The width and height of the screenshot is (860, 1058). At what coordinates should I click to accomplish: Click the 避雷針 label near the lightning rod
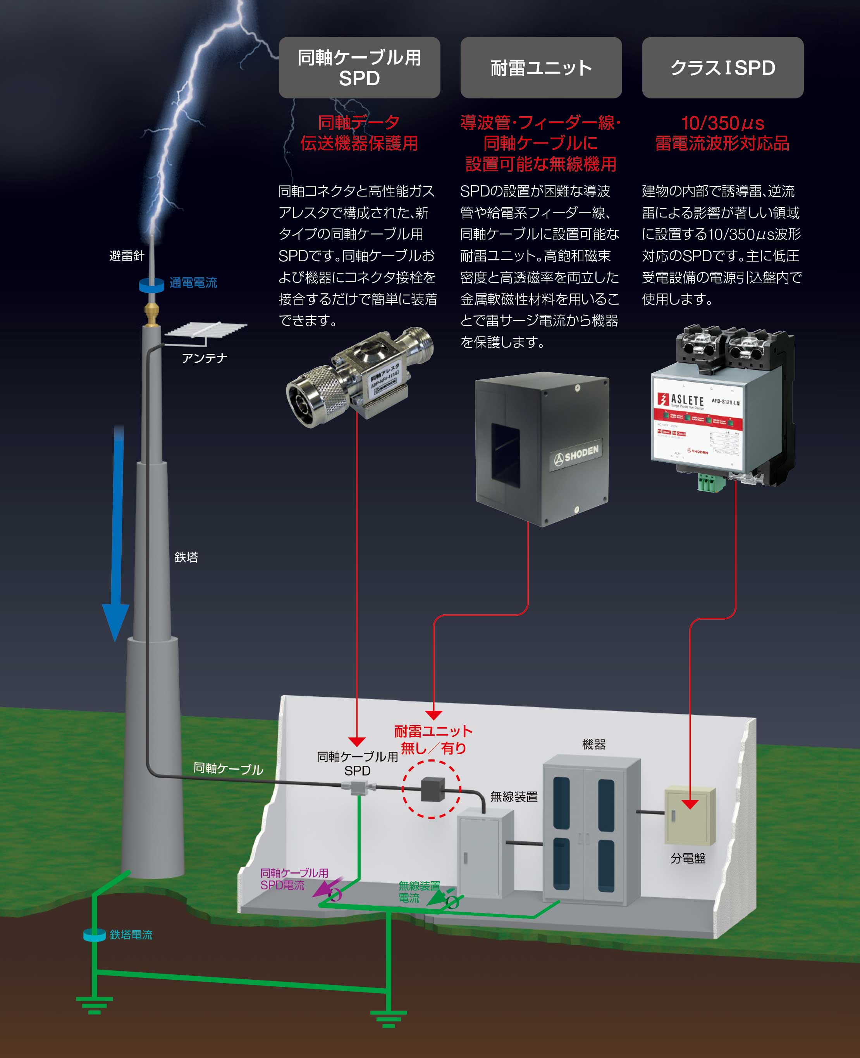[x=126, y=256]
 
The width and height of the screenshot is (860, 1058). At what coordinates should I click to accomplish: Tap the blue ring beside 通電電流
[x=151, y=285]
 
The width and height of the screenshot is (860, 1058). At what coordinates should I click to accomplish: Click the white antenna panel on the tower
[x=206, y=329]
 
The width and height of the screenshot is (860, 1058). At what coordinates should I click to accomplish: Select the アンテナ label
[x=204, y=358]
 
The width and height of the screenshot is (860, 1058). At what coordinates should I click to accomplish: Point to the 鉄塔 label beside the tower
[x=186, y=557]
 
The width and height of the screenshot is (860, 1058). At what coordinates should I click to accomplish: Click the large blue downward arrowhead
[x=115, y=619]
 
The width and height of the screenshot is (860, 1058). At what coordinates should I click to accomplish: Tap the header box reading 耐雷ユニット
[x=541, y=67]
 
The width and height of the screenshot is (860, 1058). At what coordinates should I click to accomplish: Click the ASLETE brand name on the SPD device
[x=687, y=400]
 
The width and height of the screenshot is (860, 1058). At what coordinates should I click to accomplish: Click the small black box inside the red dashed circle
[x=432, y=789]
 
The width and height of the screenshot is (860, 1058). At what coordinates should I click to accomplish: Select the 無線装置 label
[x=514, y=797]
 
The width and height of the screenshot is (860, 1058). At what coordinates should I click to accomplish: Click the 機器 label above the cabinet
[x=593, y=744]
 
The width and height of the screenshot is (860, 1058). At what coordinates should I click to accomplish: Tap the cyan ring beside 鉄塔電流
[x=94, y=935]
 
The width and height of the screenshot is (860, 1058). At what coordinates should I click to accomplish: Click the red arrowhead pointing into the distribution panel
[x=690, y=804]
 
